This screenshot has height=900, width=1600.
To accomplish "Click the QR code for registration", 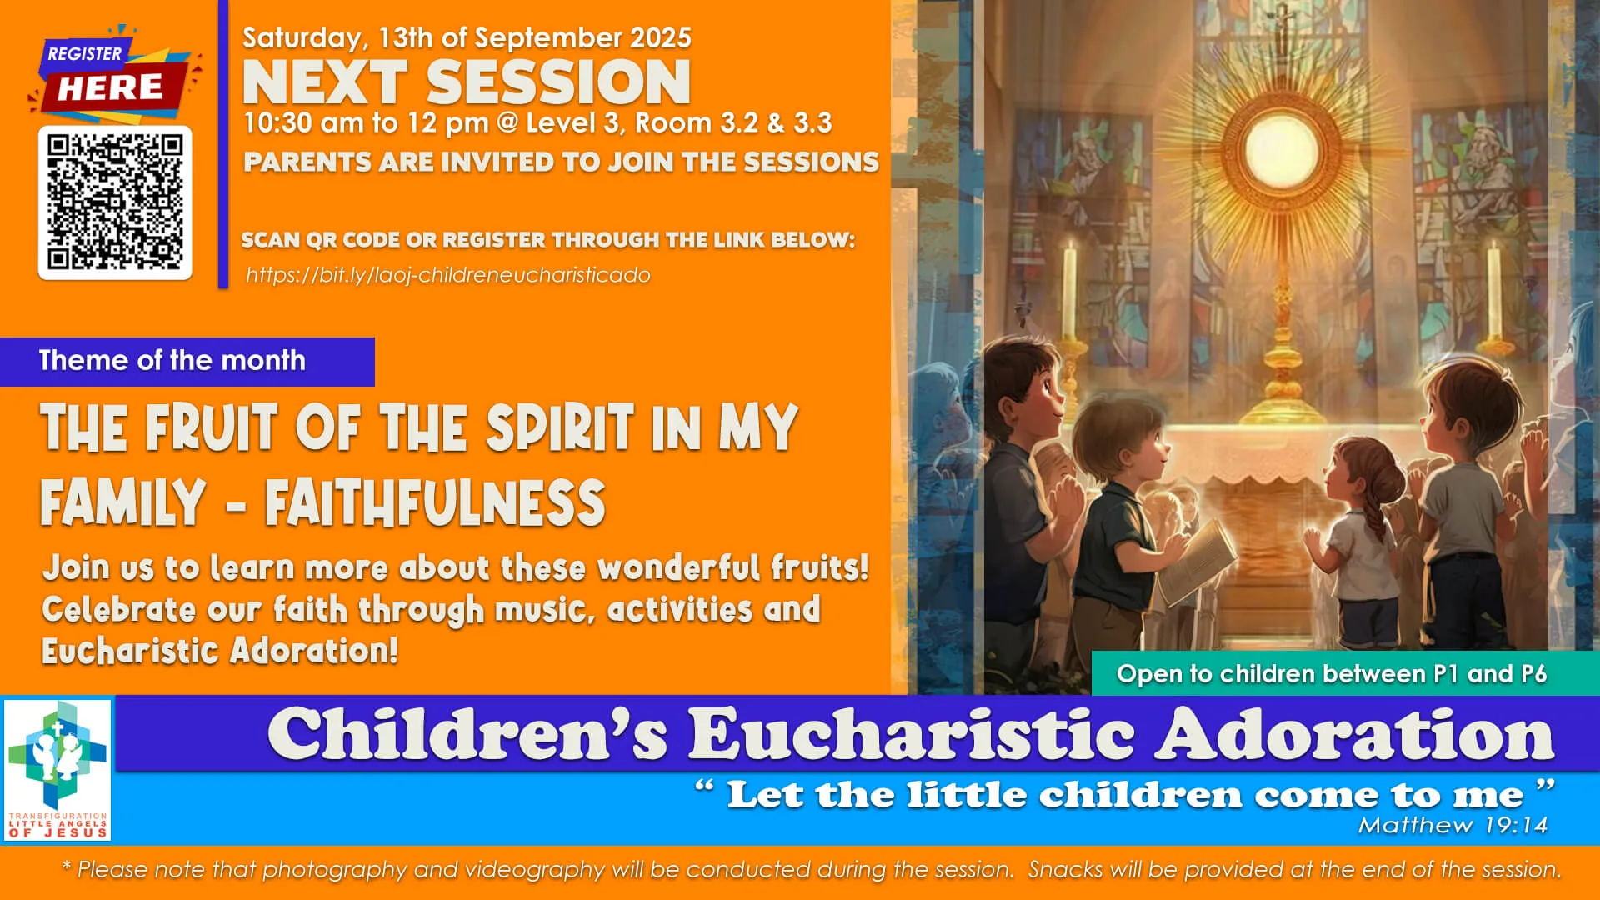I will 115,202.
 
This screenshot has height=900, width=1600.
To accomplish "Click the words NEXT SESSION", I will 467,82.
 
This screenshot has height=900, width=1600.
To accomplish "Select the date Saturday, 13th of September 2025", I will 467,37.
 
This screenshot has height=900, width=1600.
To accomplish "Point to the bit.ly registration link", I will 447,275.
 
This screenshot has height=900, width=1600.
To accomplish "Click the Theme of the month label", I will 172,361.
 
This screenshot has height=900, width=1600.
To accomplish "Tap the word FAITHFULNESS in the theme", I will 435,502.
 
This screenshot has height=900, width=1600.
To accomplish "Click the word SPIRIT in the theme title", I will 560,427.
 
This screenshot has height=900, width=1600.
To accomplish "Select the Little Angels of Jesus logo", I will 57,769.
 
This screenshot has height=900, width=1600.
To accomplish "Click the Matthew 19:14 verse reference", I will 1452,825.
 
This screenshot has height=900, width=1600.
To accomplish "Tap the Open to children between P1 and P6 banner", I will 1331,673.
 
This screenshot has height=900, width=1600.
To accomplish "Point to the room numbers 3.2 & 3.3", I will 775,123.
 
